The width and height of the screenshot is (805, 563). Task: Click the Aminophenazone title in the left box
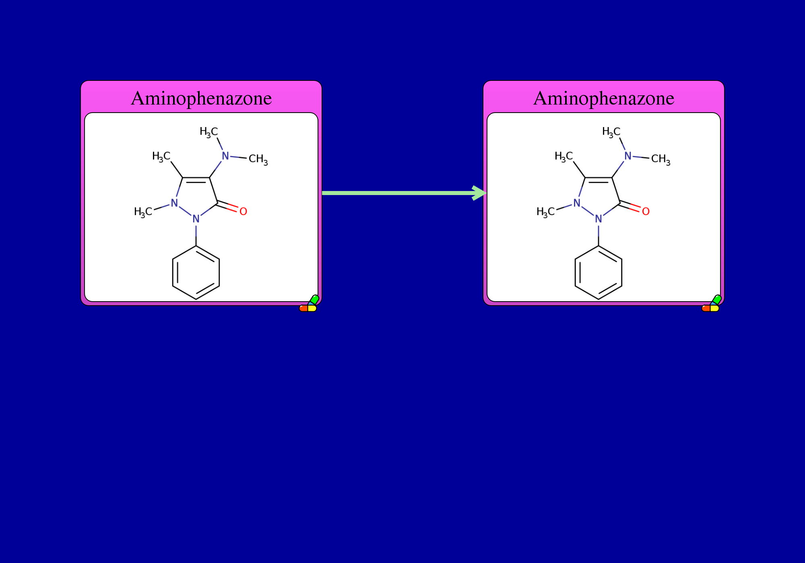(201, 99)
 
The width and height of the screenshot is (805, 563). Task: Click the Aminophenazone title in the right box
(604, 99)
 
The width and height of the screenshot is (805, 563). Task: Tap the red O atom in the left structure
(243, 212)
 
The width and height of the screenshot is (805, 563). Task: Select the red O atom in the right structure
(646, 212)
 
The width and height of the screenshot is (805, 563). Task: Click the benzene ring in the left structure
(173, 273)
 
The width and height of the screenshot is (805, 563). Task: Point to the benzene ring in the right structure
(575, 273)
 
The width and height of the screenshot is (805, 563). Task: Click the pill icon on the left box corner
(309, 304)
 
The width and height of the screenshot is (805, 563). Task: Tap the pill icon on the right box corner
(711, 304)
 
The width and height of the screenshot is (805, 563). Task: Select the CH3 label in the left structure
(258, 160)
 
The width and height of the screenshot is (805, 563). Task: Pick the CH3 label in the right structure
(661, 160)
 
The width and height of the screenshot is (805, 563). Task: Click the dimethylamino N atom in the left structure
(225, 156)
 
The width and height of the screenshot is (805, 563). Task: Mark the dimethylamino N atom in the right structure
(628, 156)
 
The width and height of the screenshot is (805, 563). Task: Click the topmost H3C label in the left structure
(209, 132)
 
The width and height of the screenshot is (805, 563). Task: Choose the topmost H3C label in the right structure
(611, 132)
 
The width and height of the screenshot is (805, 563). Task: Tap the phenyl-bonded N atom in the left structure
(196, 219)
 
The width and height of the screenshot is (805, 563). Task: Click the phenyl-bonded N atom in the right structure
(599, 219)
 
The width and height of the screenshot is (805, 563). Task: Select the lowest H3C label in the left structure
(143, 212)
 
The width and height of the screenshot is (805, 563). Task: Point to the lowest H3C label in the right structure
(546, 212)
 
